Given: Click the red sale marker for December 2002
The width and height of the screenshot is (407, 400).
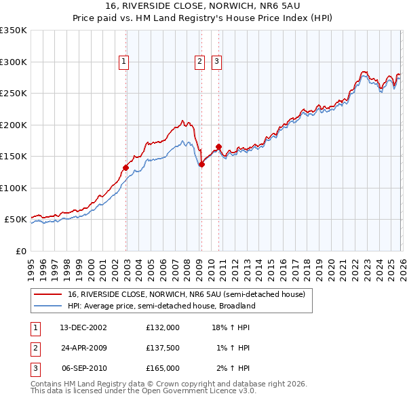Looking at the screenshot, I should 125,167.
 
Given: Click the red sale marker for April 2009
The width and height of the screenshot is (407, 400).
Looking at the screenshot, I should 201,164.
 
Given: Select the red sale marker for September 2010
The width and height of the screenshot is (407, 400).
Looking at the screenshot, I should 218,146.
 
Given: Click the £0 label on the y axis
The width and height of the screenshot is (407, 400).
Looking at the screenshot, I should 20,251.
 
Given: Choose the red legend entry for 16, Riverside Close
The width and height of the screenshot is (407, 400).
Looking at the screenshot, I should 187,294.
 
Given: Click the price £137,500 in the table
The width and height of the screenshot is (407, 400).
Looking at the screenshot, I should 163,348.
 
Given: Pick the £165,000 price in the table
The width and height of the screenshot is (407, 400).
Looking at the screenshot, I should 163,368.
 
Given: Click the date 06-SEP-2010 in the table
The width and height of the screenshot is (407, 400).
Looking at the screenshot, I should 84,368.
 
